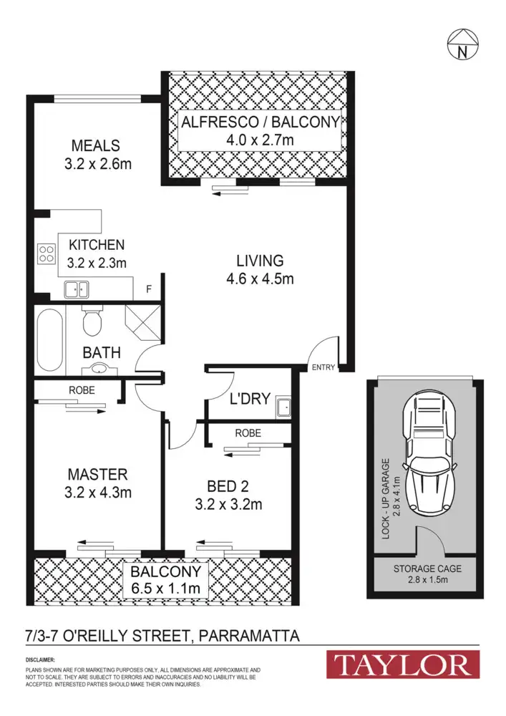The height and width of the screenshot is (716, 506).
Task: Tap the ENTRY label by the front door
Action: click(323, 367)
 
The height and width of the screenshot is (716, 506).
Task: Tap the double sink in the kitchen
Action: click(77, 289)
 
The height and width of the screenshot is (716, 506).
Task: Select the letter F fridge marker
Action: click(148, 289)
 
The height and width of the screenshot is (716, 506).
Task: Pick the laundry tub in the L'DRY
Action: click(283, 406)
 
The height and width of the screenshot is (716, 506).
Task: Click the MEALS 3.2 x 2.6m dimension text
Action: click(95, 164)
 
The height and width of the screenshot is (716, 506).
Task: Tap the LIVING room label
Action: click(261, 261)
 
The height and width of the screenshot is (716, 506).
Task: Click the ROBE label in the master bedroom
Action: click(82, 391)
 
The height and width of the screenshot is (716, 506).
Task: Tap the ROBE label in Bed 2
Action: click(248, 433)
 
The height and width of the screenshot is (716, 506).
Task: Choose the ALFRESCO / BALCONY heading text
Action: click(260, 122)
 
